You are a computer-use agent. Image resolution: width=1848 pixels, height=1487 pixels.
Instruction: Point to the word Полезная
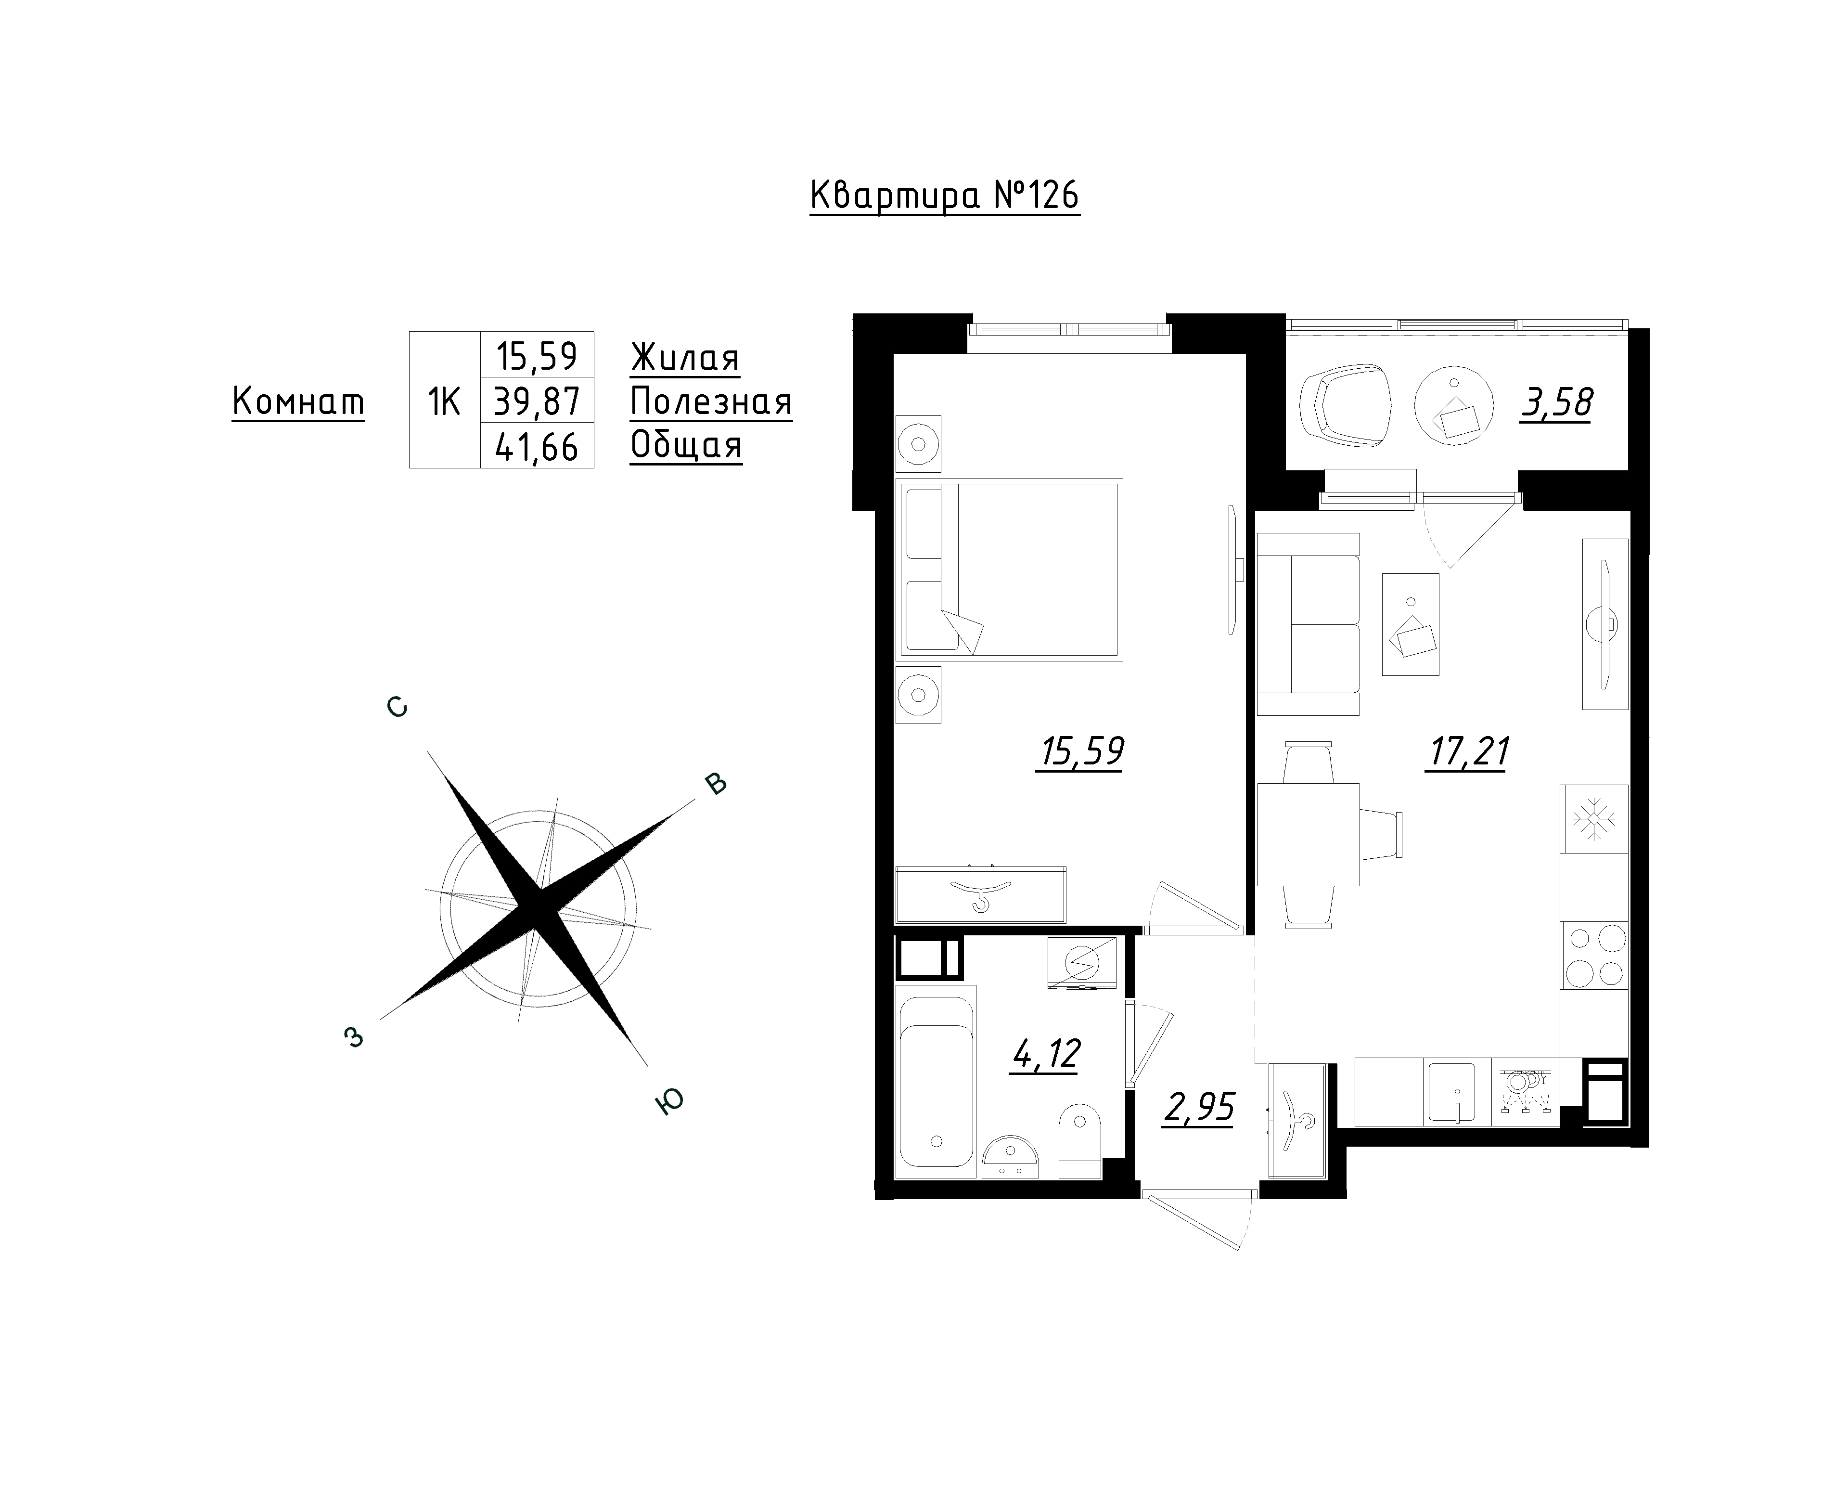tap(711, 402)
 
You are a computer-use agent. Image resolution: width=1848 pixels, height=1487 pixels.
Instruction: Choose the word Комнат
tap(298, 401)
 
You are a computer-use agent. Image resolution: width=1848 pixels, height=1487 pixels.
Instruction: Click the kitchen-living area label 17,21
tap(1467, 751)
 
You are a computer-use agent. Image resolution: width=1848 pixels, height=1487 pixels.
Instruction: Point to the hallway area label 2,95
tap(1199, 1108)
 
